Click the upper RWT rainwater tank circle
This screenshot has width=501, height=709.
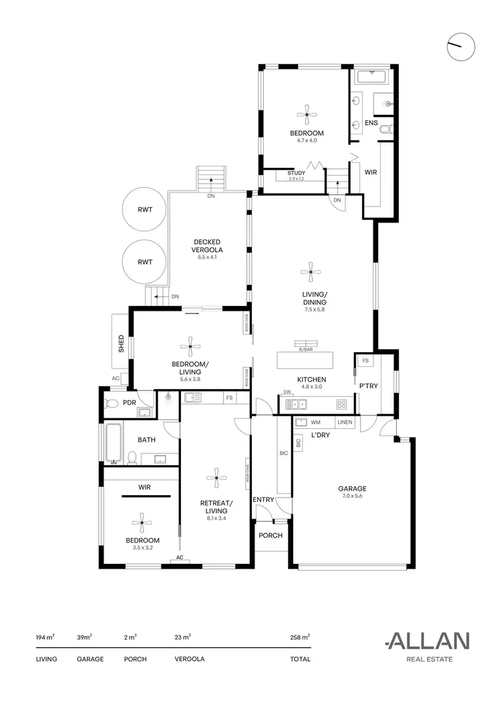145,210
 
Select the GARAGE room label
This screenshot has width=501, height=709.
351,488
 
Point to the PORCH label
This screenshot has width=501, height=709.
270,535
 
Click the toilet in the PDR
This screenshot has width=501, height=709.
112,403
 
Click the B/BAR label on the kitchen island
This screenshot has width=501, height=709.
304,349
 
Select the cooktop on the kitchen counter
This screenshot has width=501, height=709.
341,404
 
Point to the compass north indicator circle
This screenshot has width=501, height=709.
462,46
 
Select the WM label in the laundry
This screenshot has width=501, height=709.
315,422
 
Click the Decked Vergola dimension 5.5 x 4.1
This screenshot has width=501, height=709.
207,257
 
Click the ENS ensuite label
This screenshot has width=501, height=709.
371,123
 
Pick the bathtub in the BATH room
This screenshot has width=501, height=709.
112,442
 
